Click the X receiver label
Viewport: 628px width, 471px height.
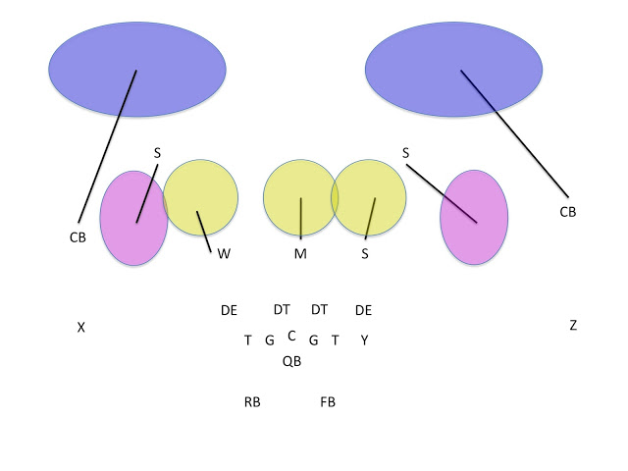tap(80, 328)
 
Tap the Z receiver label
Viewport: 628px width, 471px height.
tap(573, 325)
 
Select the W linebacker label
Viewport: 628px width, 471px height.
tap(224, 253)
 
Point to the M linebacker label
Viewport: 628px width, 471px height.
tap(301, 254)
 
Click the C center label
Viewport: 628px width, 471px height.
tap(291, 335)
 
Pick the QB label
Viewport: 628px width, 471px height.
tap(291, 361)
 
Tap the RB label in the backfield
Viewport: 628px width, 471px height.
tap(252, 401)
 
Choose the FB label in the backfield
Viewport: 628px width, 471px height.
tap(328, 401)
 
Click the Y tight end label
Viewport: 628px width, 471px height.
tap(364, 340)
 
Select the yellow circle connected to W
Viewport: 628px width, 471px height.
tap(201, 198)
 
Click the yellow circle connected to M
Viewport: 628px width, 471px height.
tap(299, 197)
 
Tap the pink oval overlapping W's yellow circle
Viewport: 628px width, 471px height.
tap(133, 218)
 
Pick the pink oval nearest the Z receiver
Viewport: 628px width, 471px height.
tap(474, 217)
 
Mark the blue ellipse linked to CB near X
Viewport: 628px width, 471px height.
tap(137, 67)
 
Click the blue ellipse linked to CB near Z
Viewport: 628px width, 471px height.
tap(453, 69)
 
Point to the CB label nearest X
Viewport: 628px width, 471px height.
tap(78, 236)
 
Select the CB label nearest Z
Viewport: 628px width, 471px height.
tap(567, 211)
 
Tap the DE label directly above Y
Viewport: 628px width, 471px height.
tap(363, 310)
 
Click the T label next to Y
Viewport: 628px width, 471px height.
tap(335, 340)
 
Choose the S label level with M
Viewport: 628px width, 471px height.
tap(365, 253)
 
